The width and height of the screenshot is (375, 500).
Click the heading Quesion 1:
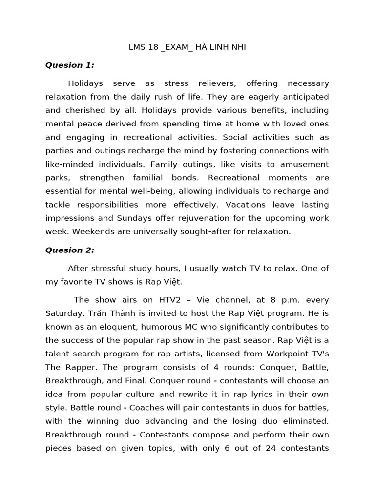(x=70, y=65)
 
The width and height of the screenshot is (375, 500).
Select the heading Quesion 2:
(x=70, y=250)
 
